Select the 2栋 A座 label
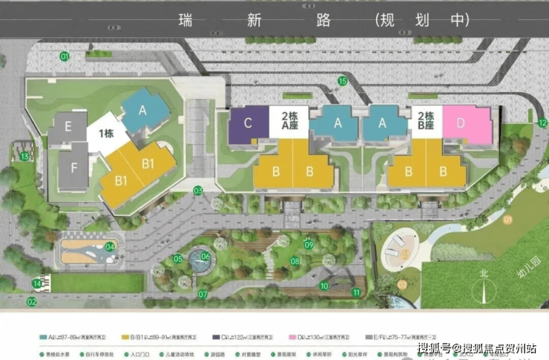pos(289,121)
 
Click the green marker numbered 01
pos(65,56)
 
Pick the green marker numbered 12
pos(542,122)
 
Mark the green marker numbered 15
pos(342,81)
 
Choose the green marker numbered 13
pos(24,156)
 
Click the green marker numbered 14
pos(37,284)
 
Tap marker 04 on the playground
pos(111,246)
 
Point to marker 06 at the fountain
pos(206,257)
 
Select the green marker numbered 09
pos(309,244)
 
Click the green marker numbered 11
pos(356,292)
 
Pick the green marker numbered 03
pos(198,191)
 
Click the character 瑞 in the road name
pos(185,21)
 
